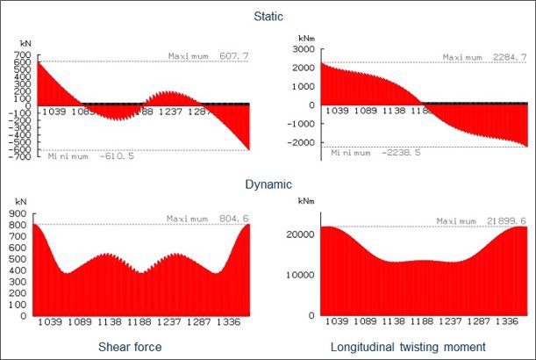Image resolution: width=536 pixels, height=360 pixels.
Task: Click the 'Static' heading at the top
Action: [267, 17]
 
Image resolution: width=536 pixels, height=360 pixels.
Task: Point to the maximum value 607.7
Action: [226, 55]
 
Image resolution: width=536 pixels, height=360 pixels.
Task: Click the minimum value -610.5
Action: [104, 156]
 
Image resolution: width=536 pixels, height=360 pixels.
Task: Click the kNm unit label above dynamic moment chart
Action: [296, 202]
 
